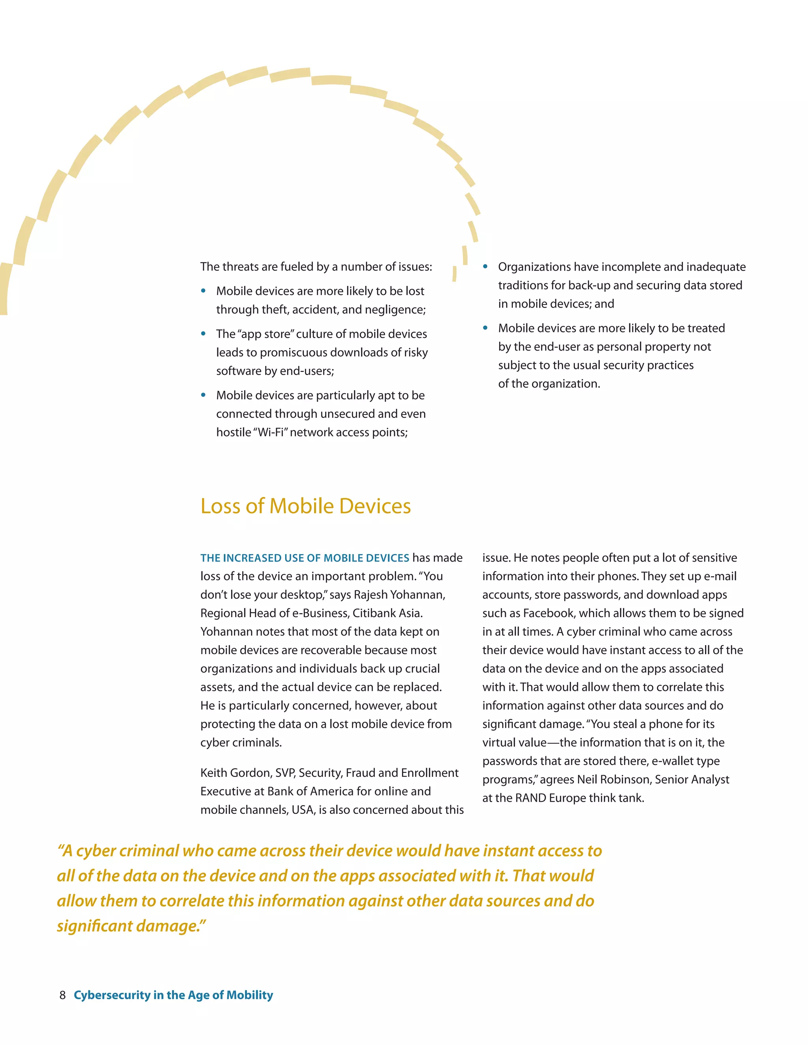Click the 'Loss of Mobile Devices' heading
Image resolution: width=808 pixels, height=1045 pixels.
[305, 506]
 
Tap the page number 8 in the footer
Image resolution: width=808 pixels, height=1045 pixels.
[62, 995]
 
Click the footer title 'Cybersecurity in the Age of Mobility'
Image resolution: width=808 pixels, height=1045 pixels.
[173, 995]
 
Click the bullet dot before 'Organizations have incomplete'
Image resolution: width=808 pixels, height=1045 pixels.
[485, 267]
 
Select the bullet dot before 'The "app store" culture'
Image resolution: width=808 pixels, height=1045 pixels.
[204, 334]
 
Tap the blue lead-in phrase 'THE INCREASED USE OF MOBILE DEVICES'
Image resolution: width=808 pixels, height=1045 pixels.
[305, 558]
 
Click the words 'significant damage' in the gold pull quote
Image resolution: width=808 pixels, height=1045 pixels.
[129, 926]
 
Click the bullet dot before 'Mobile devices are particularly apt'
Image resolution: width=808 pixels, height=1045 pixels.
[204, 395]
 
